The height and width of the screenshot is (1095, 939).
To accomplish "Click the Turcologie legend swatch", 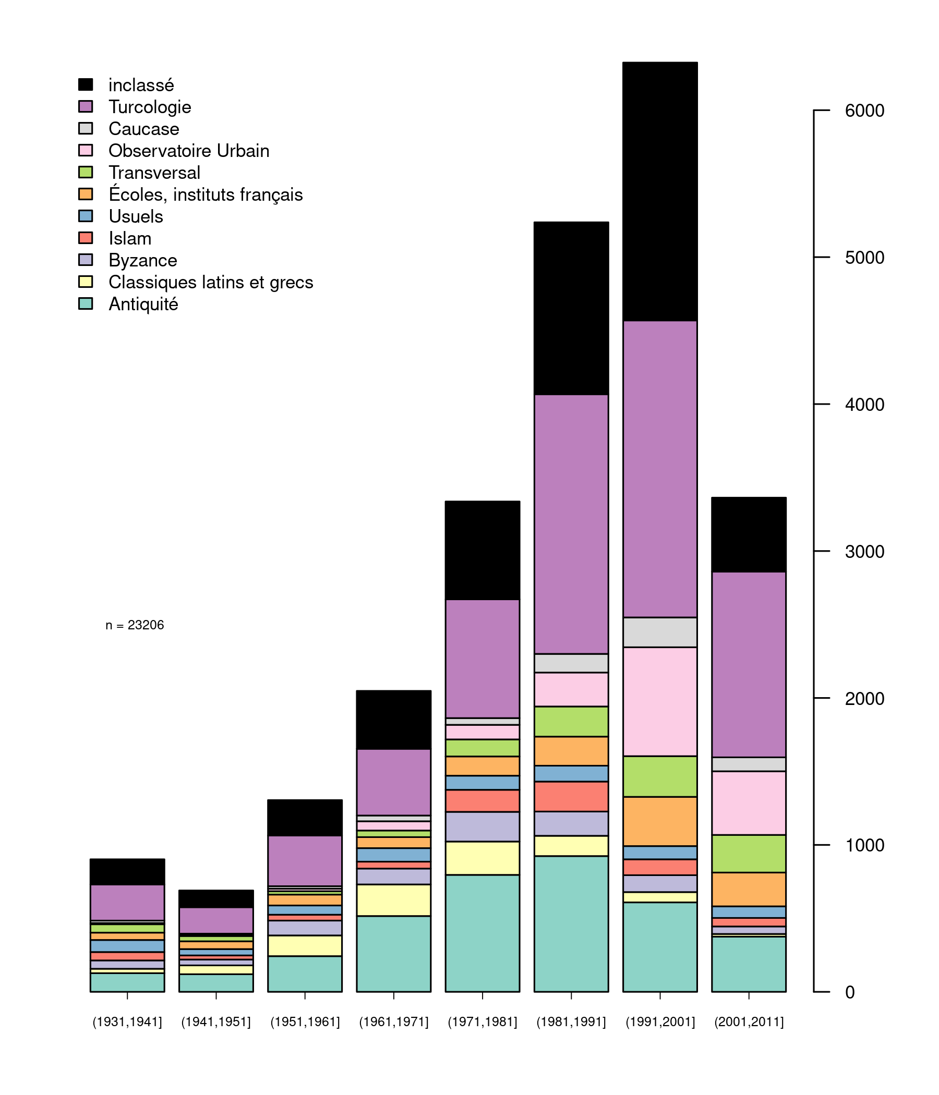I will [86, 107].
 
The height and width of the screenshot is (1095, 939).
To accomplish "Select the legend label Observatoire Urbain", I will [189, 151].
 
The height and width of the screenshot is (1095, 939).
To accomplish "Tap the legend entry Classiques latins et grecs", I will [210, 283].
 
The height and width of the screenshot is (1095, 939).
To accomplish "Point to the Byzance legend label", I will [143, 261].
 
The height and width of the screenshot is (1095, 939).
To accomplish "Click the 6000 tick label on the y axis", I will [864, 111].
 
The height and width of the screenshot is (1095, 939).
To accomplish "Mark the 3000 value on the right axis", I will [864, 552].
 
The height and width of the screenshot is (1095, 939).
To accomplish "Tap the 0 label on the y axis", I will [850, 992].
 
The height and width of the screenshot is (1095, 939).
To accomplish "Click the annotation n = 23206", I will [135, 626].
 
